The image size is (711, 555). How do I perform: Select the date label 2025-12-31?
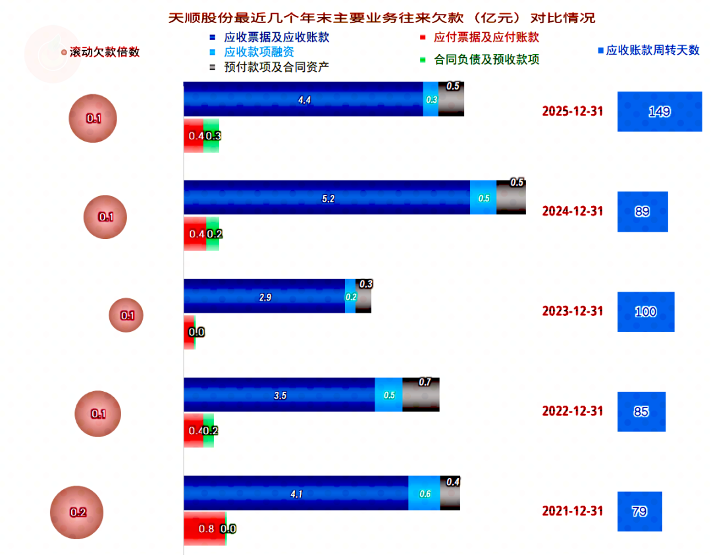[572, 111]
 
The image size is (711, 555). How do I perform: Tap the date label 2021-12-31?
[572, 511]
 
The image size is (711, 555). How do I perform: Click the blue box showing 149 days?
[659, 111]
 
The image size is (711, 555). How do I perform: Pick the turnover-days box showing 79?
[639, 511]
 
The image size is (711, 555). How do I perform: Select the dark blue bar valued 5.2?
[327, 198]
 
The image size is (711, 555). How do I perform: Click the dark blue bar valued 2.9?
[264, 296]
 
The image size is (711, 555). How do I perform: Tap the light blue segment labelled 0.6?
[424, 494]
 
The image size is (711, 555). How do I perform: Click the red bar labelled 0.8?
[203, 528]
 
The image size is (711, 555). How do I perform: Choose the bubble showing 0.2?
[78, 512]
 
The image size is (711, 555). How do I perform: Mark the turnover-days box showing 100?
[645, 311]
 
